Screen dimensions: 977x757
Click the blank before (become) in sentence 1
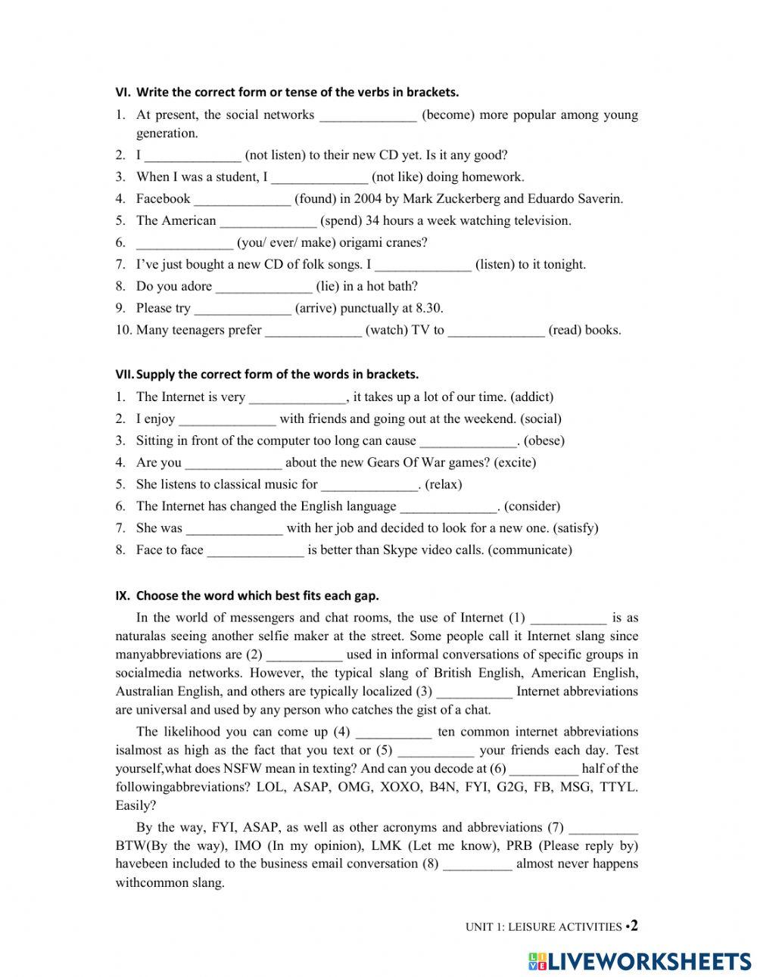pos(368,116)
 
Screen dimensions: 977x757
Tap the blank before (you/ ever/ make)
pos(185,243)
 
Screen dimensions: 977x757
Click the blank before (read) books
pos(496,330)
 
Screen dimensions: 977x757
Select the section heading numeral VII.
pos(123,375)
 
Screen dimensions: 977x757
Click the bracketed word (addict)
pos(532,397)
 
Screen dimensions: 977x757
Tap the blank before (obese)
pos(468,440)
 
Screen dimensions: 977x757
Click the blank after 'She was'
pos(234,528)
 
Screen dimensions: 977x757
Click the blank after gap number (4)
pos(393,732)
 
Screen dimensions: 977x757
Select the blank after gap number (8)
pos(478,864)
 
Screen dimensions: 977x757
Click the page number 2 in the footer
pos(634,926)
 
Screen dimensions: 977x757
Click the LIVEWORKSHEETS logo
pos(640,961)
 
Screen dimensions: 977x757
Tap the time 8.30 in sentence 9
pos(428,308)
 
